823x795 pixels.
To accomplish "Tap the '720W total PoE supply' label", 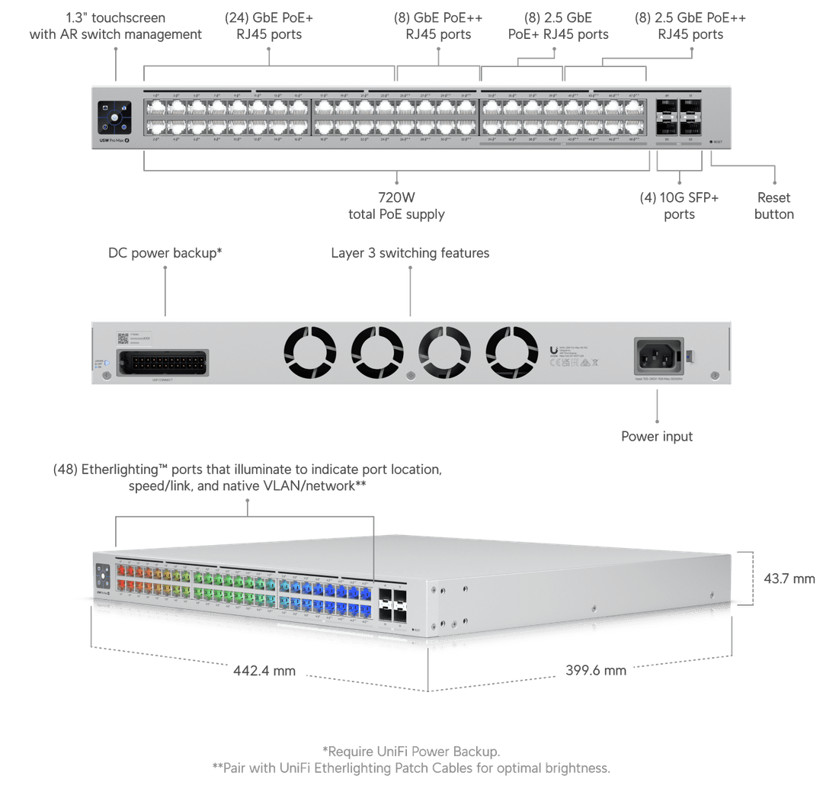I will (x=396, y=207).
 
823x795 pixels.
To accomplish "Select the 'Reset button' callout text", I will (x=773, y=207).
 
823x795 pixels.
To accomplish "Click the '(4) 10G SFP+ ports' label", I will (x=679, y=207).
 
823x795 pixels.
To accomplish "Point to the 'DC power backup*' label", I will (x=165, y=252).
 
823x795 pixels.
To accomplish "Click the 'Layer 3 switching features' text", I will (x=410, y=252).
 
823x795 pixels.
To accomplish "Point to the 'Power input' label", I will (x=657, y=437).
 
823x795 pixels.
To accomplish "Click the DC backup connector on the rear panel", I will (x=164, y=361).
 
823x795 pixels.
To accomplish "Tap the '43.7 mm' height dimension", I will (x=789, y=579).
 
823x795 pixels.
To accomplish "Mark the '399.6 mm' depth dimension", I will (x=596, y=671).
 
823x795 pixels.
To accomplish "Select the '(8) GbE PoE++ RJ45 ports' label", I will (x=438, y=26).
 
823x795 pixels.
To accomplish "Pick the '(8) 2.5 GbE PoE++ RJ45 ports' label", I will (x=690, y=26).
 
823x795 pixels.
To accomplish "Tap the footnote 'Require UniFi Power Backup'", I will (x=411, y=752).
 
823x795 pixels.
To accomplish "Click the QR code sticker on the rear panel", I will (x=123, y=338).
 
